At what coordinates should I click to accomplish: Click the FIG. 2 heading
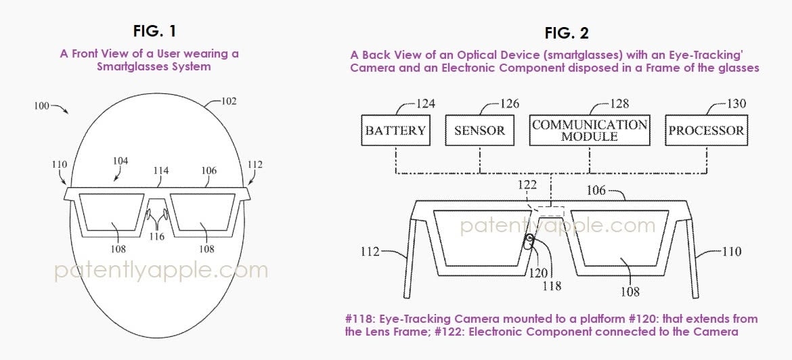pyautogui.click(x=567, y=33)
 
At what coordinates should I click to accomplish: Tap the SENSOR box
pyautogui.click(x=479, y=131)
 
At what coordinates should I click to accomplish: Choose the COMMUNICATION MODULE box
pyautogui.click(x=590, y=131)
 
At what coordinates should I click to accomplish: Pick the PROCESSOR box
pyautogui.click(x=706, y=131)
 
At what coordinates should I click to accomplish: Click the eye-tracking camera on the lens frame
pyautogui.click(x=528, y=240)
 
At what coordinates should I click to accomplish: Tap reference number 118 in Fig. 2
pyautogui.click(x=552, y=286)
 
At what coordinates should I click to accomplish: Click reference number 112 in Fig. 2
pyautogui.click(x=371, y=252)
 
